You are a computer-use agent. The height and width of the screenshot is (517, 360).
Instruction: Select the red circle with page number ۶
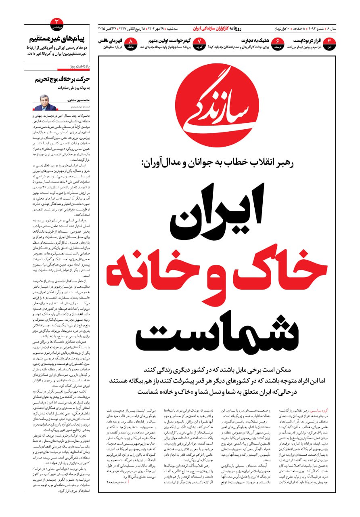tap(278, 42)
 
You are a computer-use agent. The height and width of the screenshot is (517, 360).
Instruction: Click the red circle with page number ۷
tap(200, 42)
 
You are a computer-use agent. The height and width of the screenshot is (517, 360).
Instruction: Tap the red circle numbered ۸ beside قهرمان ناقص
tap(131, 42)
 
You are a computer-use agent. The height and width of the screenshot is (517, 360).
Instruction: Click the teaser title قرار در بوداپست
tap(313, 40)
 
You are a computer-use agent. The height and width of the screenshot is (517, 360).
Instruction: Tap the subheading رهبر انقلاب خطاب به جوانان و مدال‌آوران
tap(218, 164)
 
